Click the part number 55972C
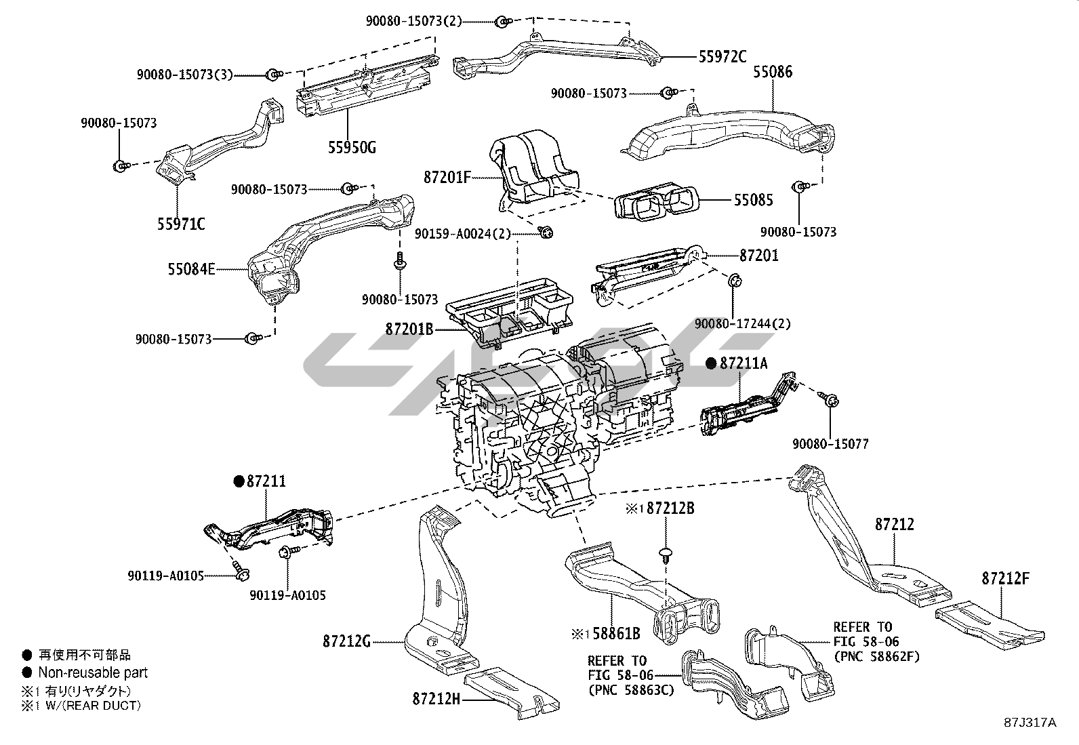point(722,56)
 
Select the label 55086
point(773,72)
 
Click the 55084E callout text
point(192,270)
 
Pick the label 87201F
point(447,178)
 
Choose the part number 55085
point(753,200)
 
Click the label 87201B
point(409,329)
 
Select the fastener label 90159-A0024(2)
point(463,233)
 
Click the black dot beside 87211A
point(710,364)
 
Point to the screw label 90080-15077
point(830,444)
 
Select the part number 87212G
point(346,641)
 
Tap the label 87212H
point(436,698)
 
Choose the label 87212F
point(1006,578)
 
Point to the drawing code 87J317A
point(1031,723)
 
